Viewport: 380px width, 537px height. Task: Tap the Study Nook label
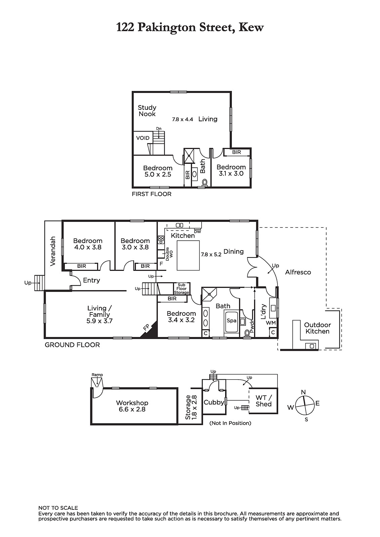(147, 111)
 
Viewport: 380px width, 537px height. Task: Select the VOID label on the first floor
(143, 138)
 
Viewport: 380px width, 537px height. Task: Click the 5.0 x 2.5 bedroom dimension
(158, 175)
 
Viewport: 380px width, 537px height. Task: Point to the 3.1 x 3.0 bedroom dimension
(231, 174)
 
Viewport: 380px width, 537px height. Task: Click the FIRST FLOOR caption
(152, 194)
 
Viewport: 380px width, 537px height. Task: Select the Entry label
(91, 280)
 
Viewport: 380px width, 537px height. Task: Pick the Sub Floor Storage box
(182, 289)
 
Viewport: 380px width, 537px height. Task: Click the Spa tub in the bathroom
(231, 321)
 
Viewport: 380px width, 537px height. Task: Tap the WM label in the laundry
(271, 323)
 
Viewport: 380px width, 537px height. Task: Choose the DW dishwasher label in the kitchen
(197, 231)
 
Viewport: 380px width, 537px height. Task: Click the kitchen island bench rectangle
(188, 255)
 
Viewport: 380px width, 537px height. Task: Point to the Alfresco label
(298, 272)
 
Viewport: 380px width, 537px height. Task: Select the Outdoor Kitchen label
(318, 328)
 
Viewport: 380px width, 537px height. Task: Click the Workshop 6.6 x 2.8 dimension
(132, 409)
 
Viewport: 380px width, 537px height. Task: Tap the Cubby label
(214, 402)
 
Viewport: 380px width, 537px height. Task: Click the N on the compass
(303, 392)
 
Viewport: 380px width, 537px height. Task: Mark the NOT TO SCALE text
(58, 508)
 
